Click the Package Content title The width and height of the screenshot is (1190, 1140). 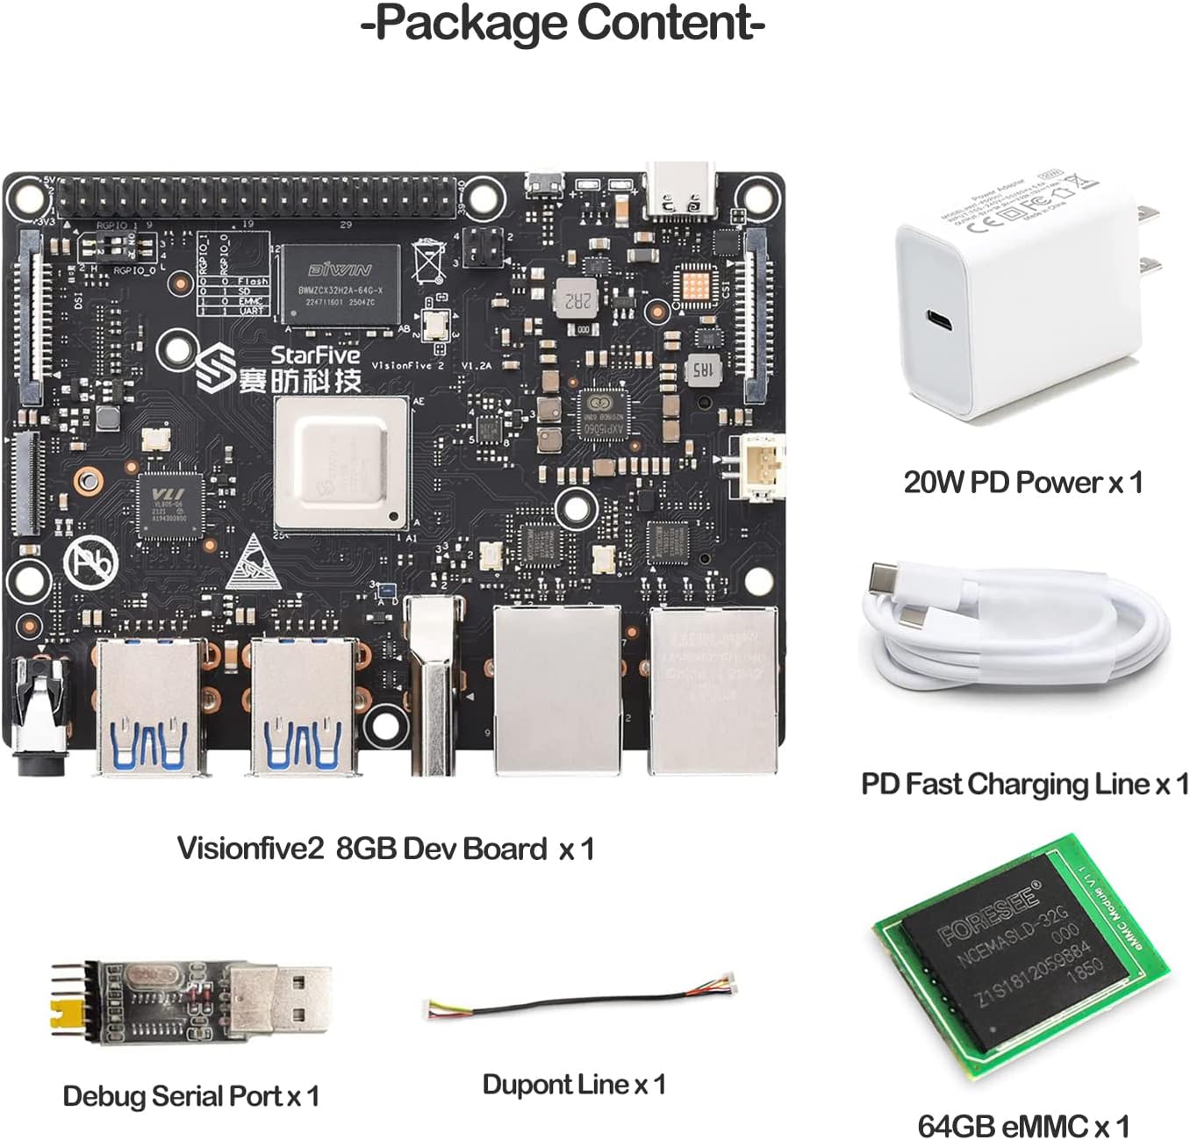563,23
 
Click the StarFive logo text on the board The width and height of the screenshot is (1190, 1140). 315,355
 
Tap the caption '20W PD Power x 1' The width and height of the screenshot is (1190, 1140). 1023,482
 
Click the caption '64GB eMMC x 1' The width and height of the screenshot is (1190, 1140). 1023,1124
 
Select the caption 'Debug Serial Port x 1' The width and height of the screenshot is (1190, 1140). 190,1096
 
